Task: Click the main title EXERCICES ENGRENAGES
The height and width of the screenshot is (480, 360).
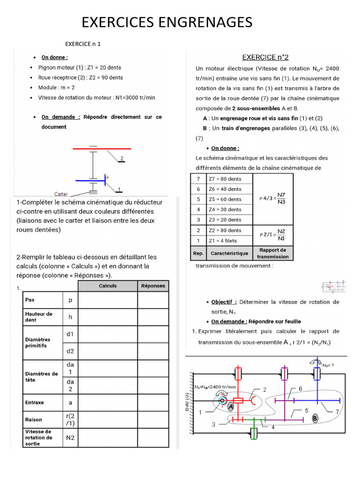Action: [167, 22]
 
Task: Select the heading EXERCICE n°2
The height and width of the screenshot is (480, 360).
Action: [265, 57]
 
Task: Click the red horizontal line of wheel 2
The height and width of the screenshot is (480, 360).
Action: [101, 149]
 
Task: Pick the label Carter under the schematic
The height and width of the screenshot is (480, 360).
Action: [61, 194]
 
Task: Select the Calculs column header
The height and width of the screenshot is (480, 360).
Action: [107, 285]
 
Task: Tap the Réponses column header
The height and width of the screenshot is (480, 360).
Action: [152, 285]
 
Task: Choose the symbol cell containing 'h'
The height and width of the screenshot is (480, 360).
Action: [70, 317]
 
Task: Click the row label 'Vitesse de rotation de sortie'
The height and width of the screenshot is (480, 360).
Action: [39, 437]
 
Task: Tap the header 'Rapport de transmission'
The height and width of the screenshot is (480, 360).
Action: [273, 253]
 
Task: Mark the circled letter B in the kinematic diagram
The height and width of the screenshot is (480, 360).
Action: [315, 417]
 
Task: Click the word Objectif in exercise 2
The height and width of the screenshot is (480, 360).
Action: [224, 302]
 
